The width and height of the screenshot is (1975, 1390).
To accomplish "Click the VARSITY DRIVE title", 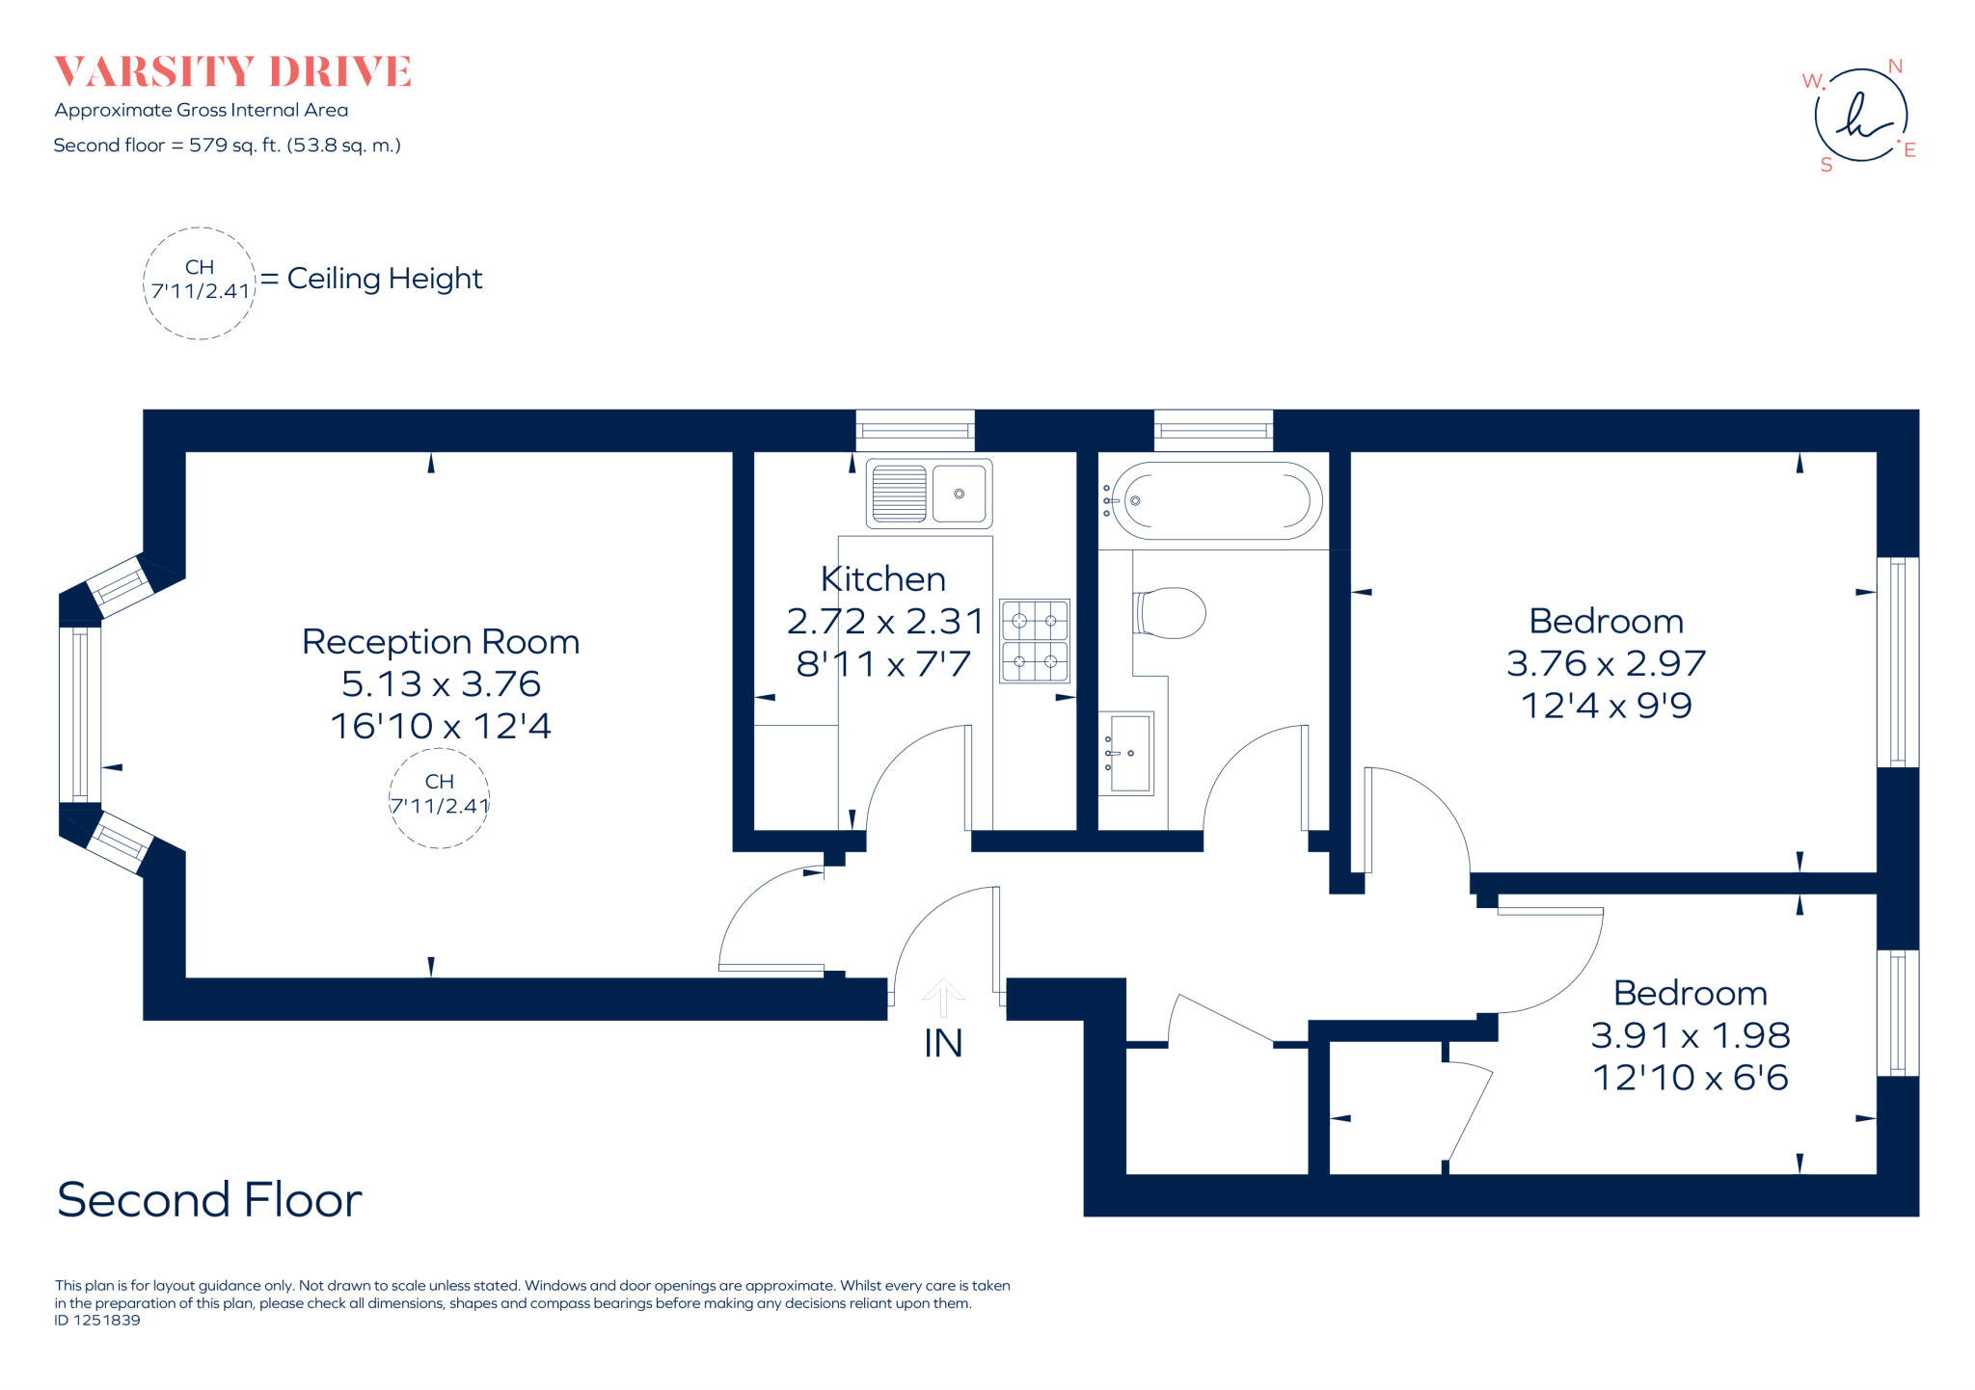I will pos(232,72).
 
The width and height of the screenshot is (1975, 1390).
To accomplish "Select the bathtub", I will pos(1213,500).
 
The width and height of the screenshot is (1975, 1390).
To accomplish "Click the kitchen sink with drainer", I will pos(929,494).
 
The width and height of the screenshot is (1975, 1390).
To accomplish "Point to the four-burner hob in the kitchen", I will pos(1035,641).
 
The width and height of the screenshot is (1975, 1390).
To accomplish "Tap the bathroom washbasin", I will pos(1125,753).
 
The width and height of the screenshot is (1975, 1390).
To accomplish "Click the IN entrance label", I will pos(942,1043).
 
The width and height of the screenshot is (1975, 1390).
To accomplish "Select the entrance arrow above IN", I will pos(943,997).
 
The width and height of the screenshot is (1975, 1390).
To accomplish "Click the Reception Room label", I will pos(441,642).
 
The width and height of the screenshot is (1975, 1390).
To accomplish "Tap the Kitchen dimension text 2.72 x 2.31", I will pos(884,622).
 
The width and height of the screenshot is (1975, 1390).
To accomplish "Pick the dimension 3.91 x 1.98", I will pos(1690,1035).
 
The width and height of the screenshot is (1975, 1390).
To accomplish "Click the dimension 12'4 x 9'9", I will pos(1606,706).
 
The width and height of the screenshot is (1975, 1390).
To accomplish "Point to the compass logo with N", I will pos(1860,116).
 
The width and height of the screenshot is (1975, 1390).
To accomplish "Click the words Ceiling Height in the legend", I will pos(384,279).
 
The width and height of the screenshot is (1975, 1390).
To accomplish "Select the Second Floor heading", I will pos(209,1200).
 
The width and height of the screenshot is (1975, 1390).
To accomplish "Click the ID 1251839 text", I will pos(97,1321).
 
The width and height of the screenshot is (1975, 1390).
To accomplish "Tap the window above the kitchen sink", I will pos(914,430).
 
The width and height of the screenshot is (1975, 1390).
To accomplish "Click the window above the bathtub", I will pos(1213,430).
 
